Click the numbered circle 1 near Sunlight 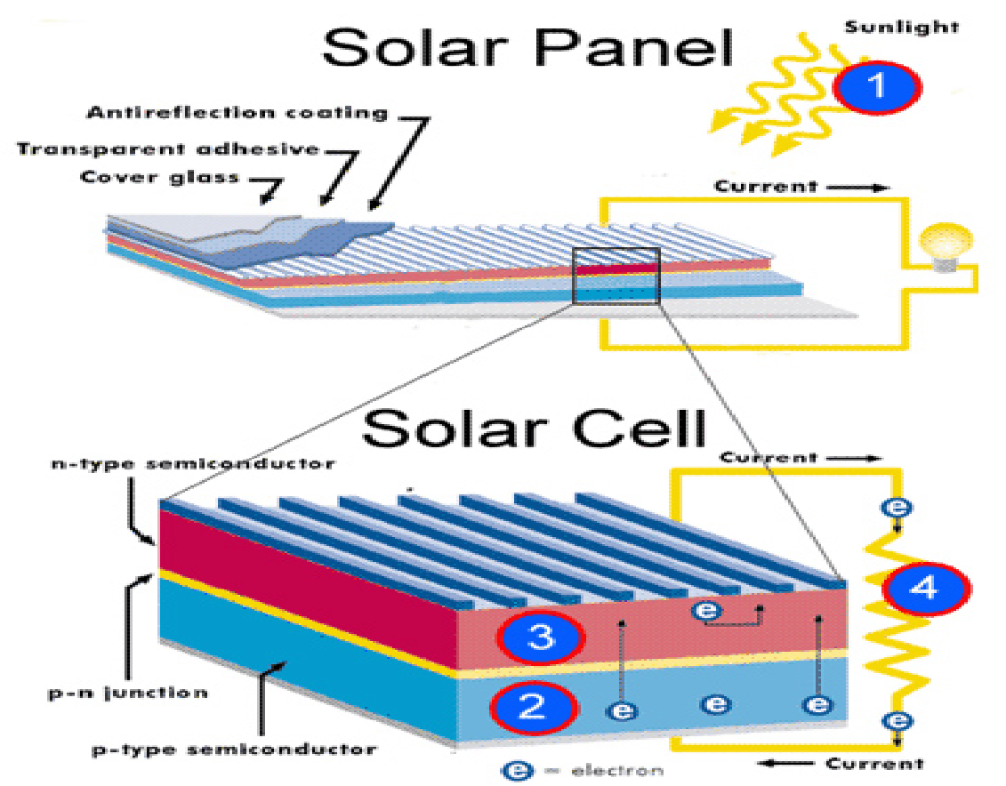pyautogui.click(x=877, y=86)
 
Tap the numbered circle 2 pyautogui.click(x=533, y=706)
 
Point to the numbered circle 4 pyautogui.click(x=925, y=588)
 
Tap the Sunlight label pyautogui.click(x=901, y=27)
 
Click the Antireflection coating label pyautogui.click(x=237, y=113)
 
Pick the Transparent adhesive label pyautogui.click(x=167, y=148)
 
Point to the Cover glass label pyautogui.click(x=160, y=176)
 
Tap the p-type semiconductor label pyautogui.click(x=234, y=749)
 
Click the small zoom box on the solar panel pyautogui.click(x=616, y=276)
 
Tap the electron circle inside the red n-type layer pyautogui.click(x=707, y=611)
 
